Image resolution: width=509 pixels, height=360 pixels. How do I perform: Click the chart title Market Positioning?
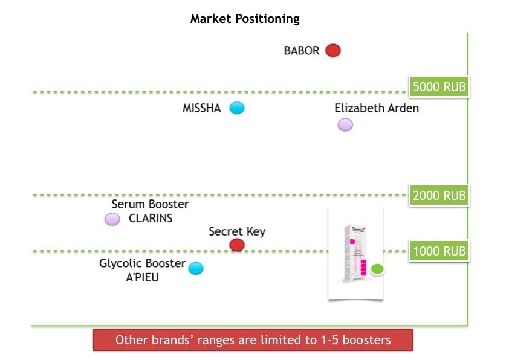(x=245, y=19)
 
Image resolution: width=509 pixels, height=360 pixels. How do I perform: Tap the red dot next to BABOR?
(x=332, y=50)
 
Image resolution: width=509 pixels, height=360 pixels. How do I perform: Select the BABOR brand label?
(x=301, y=51)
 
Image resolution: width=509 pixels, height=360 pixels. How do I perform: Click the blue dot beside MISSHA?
(x=238, y=108)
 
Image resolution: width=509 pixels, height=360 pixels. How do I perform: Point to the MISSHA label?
(x=202, y=109)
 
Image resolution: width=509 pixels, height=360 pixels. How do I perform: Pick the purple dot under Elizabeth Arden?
(x=345, y=124)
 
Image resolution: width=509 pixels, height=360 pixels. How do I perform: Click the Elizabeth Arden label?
(x=376, y=109)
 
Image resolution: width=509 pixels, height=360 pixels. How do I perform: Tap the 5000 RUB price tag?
(x=439, y=87)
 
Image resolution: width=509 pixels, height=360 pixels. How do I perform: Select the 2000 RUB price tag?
(x=439, y=196)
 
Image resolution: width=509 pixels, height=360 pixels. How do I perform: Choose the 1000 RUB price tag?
(x=439, y=251)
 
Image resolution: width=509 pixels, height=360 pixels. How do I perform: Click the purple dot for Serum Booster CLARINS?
(x=112, y=219)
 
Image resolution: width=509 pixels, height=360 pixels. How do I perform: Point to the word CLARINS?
(x=151, y=219)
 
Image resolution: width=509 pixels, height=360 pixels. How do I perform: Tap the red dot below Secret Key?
(x=237, y=245)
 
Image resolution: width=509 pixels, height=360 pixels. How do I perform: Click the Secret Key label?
(x=237, y=231)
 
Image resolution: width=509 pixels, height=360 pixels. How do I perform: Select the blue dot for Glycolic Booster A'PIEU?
(x=195, y=268)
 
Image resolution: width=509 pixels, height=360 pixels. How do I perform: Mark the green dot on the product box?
(x=377, y=269)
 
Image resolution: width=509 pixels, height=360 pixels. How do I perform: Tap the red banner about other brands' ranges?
(x=253, y=339)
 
